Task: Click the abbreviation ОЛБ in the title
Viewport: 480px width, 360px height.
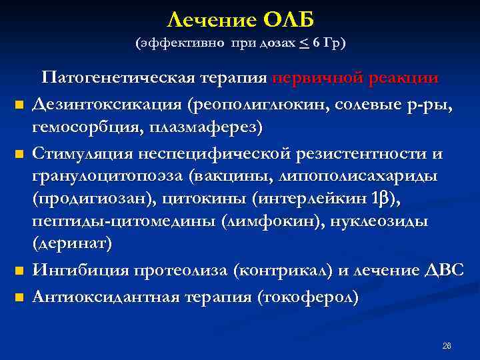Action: point(285,19)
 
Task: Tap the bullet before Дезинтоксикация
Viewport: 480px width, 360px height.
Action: point(19,105)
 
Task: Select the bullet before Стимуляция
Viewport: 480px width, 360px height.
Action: point(19,156)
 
